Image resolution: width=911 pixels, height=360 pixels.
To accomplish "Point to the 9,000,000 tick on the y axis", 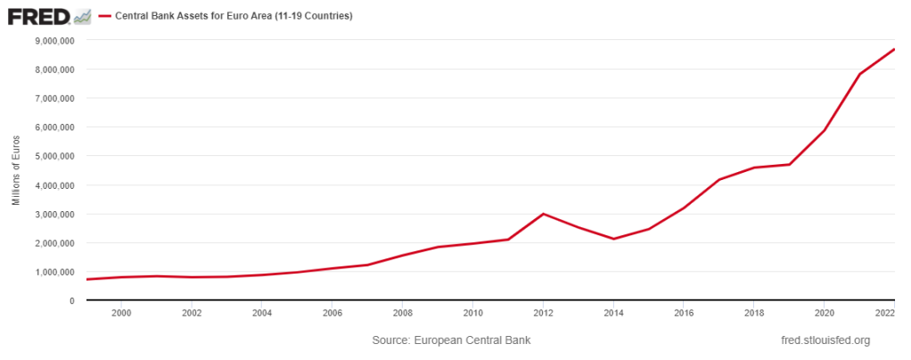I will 54,40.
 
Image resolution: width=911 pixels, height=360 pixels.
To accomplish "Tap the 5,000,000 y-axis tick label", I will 54,156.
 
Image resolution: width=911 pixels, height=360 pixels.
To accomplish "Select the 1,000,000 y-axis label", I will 54,272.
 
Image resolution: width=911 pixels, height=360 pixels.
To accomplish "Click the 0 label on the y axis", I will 71,300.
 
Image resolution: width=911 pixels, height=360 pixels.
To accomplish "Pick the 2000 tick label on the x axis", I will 121,313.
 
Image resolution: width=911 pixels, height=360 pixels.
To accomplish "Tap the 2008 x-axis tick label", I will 402,313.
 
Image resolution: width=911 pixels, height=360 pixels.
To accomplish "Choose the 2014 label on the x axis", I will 613,313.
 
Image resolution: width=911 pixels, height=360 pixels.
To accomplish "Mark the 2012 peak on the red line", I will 543,214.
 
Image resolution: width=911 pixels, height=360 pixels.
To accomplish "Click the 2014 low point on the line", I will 613,239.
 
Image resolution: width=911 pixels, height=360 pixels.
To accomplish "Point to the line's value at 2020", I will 824,131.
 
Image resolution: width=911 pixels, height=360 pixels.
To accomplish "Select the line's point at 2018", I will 754,168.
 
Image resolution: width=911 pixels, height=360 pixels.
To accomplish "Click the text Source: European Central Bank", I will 451,340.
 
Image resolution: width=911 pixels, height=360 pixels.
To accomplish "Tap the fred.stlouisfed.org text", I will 825,340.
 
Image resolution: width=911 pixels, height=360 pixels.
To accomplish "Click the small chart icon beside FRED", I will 83,16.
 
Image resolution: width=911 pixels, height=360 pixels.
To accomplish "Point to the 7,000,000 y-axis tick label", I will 54,98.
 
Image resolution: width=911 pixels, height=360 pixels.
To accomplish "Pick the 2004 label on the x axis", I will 262,313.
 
